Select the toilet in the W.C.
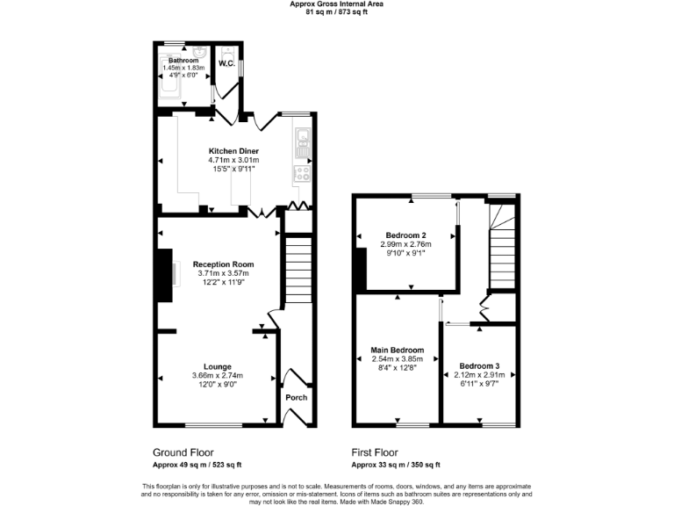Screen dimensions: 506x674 (x=226, y=52)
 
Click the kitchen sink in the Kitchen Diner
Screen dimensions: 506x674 (x=303, y=137)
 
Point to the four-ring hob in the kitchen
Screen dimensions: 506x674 (x=303, y=172)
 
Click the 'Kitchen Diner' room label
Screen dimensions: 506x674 (x=233, y=151)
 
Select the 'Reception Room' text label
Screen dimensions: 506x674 (x=223, y=264)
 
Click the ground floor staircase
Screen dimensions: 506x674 (x=299, y=272)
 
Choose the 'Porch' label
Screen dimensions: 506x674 (x=297, y=397)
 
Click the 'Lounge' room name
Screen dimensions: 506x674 (x=218, y=366)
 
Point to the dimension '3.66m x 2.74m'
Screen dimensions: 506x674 (x=218, y=376)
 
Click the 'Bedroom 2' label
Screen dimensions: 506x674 (x=405, y=235)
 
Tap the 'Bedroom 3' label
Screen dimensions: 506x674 (x=479, y=365)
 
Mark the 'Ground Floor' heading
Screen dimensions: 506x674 (x=183, y=452)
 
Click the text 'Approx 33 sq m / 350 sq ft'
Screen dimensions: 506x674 (x=396, y=465)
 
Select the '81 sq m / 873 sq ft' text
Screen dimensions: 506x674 (x=336, y=11)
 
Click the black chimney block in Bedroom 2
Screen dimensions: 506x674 (x=360, y=270)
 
